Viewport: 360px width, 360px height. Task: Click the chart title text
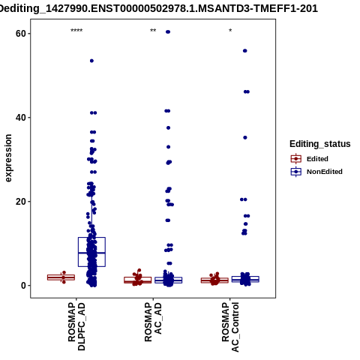point(158,8)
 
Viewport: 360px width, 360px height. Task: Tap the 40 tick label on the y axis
point(21,118)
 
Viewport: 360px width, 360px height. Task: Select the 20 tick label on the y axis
point(21,202)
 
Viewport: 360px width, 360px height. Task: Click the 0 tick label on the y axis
point(24,286)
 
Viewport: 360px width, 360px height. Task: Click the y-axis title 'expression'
point(8,158)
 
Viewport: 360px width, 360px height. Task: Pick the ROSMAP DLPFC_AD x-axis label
point(76,326)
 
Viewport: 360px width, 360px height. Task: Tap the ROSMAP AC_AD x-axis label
point(153,322)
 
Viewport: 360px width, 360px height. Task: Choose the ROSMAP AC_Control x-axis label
point(230,327)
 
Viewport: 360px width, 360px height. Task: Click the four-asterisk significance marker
point(76,31)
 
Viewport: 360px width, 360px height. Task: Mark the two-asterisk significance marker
point(153,31)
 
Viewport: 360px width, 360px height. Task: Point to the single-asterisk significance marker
point(230,31)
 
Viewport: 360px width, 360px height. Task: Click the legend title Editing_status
point(320,144)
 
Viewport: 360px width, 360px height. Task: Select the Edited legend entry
point(310,159)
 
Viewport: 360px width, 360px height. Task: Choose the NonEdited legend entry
point(316,172)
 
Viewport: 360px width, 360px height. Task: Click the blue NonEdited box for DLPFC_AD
point(91,252)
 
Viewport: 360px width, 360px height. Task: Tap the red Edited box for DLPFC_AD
point(61,277)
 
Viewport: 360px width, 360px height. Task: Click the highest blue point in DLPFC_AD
point(91,61)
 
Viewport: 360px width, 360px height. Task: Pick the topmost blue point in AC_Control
point(245,51)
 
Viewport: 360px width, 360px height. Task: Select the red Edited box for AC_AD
point(138,280)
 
